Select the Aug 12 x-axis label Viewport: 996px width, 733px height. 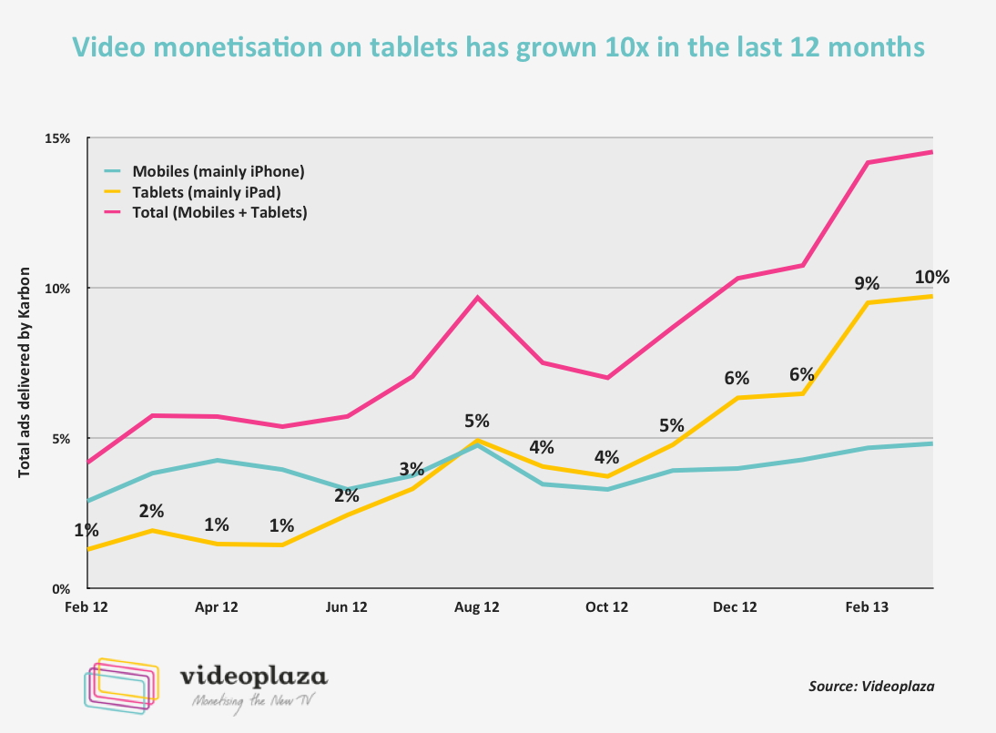tap(477, 606)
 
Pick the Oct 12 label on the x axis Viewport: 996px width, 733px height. tap(606, 606)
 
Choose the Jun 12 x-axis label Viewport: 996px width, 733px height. tap(347, 606)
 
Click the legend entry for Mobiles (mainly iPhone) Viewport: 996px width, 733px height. tap(218, 171)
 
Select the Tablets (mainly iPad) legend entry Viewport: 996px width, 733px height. tap(206, 192)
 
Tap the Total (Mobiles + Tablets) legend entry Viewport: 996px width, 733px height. tap(219, 213)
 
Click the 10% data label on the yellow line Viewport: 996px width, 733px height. tap(931, 277)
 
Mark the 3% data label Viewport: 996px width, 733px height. tap(412, 470)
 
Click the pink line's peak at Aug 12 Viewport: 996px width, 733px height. tap(477, 298)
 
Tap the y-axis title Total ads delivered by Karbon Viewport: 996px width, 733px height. tap(25, 372)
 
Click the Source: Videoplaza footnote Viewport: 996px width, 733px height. tap(871, 686)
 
